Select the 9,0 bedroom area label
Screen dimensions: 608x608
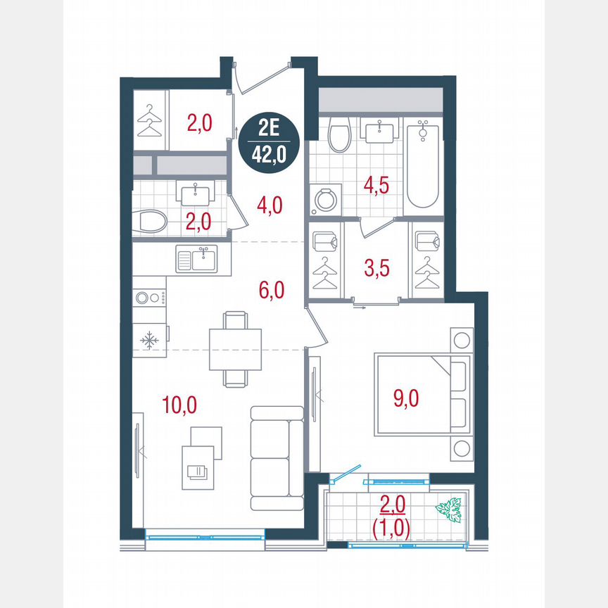tap(405, 398)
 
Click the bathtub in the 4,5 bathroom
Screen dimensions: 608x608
tap(422, 165)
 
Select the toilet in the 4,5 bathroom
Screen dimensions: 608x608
tap(340, 134)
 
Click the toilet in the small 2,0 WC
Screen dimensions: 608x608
tap(151, 222)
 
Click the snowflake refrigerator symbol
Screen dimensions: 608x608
tap(149, 341)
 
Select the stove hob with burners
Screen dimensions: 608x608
tap(149, 298)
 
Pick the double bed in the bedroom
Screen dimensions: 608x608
tap(422, 395)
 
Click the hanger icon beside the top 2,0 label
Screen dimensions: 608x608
tap(149, 120)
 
